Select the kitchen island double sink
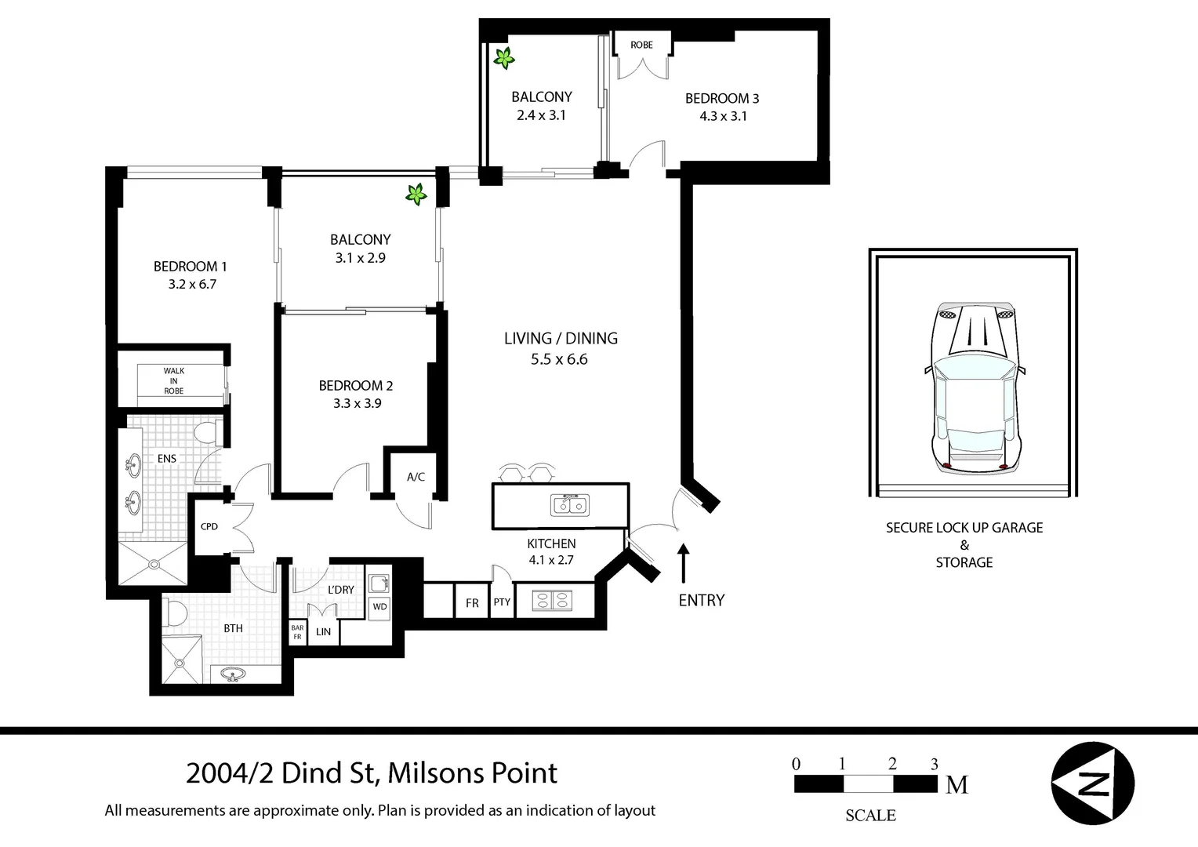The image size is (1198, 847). (569, 505)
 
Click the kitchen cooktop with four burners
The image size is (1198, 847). (552, 600)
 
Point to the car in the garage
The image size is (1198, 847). (975, 388)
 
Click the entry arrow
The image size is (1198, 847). (683, 563)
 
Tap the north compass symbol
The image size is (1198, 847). (1093, 783)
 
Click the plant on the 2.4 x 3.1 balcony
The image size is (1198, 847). (503, 58)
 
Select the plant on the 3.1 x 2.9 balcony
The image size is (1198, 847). (416, 194)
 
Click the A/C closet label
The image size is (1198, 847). (416, 477)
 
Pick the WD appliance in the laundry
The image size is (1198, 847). (379, 607)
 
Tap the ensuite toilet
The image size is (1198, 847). (208, 432)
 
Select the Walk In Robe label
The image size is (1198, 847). (174, 380)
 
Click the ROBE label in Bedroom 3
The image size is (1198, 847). (641, 45)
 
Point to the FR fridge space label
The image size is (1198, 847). (472, 604)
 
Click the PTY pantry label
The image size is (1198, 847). (502, 602)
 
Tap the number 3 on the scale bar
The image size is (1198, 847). (934, 764)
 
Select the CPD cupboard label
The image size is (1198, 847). (209, 526)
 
